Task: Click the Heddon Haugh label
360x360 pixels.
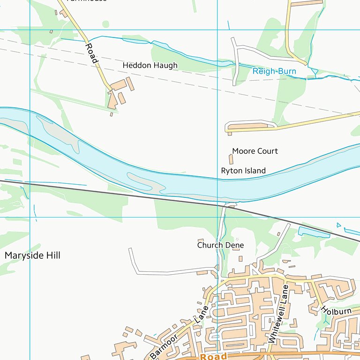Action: tap(150, 66)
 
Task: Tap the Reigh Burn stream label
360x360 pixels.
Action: tap(274, 71)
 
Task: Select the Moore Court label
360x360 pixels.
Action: tap(255, 151)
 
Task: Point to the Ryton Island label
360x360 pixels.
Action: tap(243, 171)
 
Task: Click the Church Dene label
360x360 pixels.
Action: tap(220, 245)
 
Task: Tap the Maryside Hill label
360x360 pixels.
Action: tap(32, 255)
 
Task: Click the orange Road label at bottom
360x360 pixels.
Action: tap(214, 357)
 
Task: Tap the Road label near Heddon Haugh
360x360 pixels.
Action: tap(92, 53)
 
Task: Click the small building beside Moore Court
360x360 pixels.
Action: tap(230, 159)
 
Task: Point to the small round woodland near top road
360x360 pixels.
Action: tap(105, 24)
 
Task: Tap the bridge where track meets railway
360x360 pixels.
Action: tap(230, 205)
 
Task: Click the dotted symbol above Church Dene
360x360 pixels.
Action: tap(236, 239)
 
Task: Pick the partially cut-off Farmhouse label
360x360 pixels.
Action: tap(86, 1)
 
